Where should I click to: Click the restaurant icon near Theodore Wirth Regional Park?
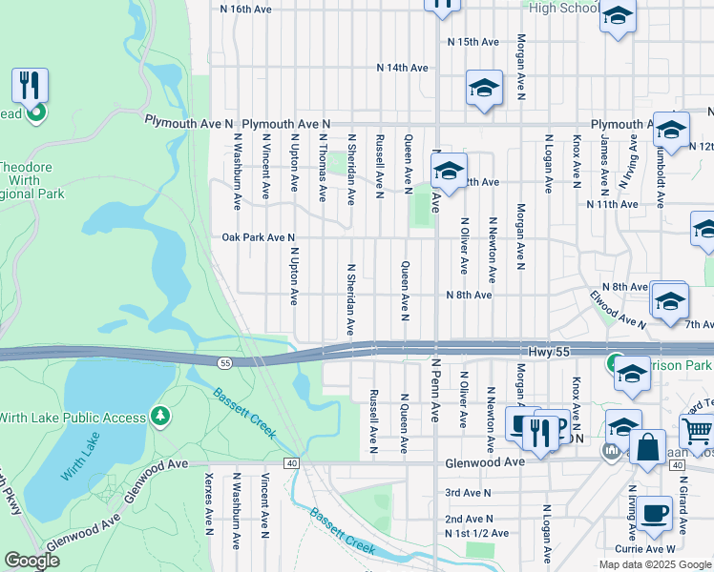tap(31, 87)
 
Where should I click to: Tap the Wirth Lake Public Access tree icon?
tap(161, 416)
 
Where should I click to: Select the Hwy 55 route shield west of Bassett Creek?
tap(223, 362)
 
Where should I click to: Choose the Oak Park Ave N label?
tap(259, 237)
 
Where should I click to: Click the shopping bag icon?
tap(648, 449)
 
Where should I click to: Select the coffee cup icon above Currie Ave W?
tap(654, 513)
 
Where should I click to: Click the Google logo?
tap(32, 562)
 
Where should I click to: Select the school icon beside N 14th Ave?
tap(484, 89)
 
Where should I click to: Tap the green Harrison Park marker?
tap(616, 363)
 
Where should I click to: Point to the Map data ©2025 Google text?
tap(654, 564)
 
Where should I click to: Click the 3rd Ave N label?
tap(468, 493)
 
